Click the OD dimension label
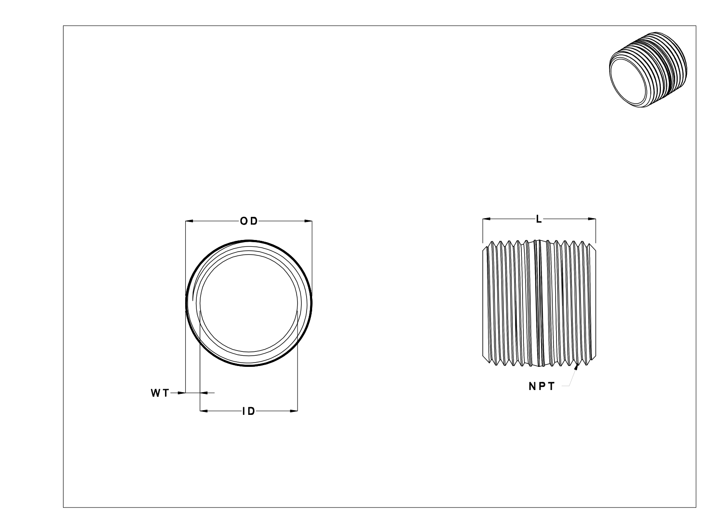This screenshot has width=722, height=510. [249, 221]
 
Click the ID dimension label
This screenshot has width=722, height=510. [249, 411]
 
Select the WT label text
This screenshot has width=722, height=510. [160, 393]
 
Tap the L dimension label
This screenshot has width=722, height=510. [539, 219]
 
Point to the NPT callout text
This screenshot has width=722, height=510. [541, 387]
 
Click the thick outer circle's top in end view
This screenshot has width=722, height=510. [249, 241]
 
